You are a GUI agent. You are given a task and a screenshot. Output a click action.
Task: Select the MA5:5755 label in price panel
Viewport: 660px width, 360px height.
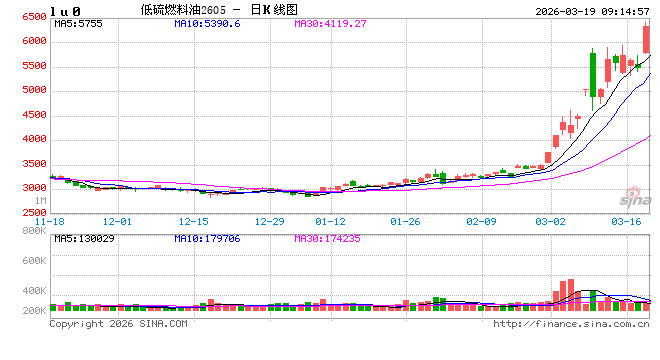pos(77,22)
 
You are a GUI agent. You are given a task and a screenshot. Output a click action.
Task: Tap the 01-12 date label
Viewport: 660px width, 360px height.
pos(330,221)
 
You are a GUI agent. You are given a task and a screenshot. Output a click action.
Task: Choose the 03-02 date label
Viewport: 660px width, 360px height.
pos(552,221)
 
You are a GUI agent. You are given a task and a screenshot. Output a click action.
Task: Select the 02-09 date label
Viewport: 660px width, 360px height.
pos(482,221)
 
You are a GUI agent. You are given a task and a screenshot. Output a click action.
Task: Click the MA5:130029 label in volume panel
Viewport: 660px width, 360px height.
pos(83,239)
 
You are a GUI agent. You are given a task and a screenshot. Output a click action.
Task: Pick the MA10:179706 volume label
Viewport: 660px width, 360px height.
pos(208,239)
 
